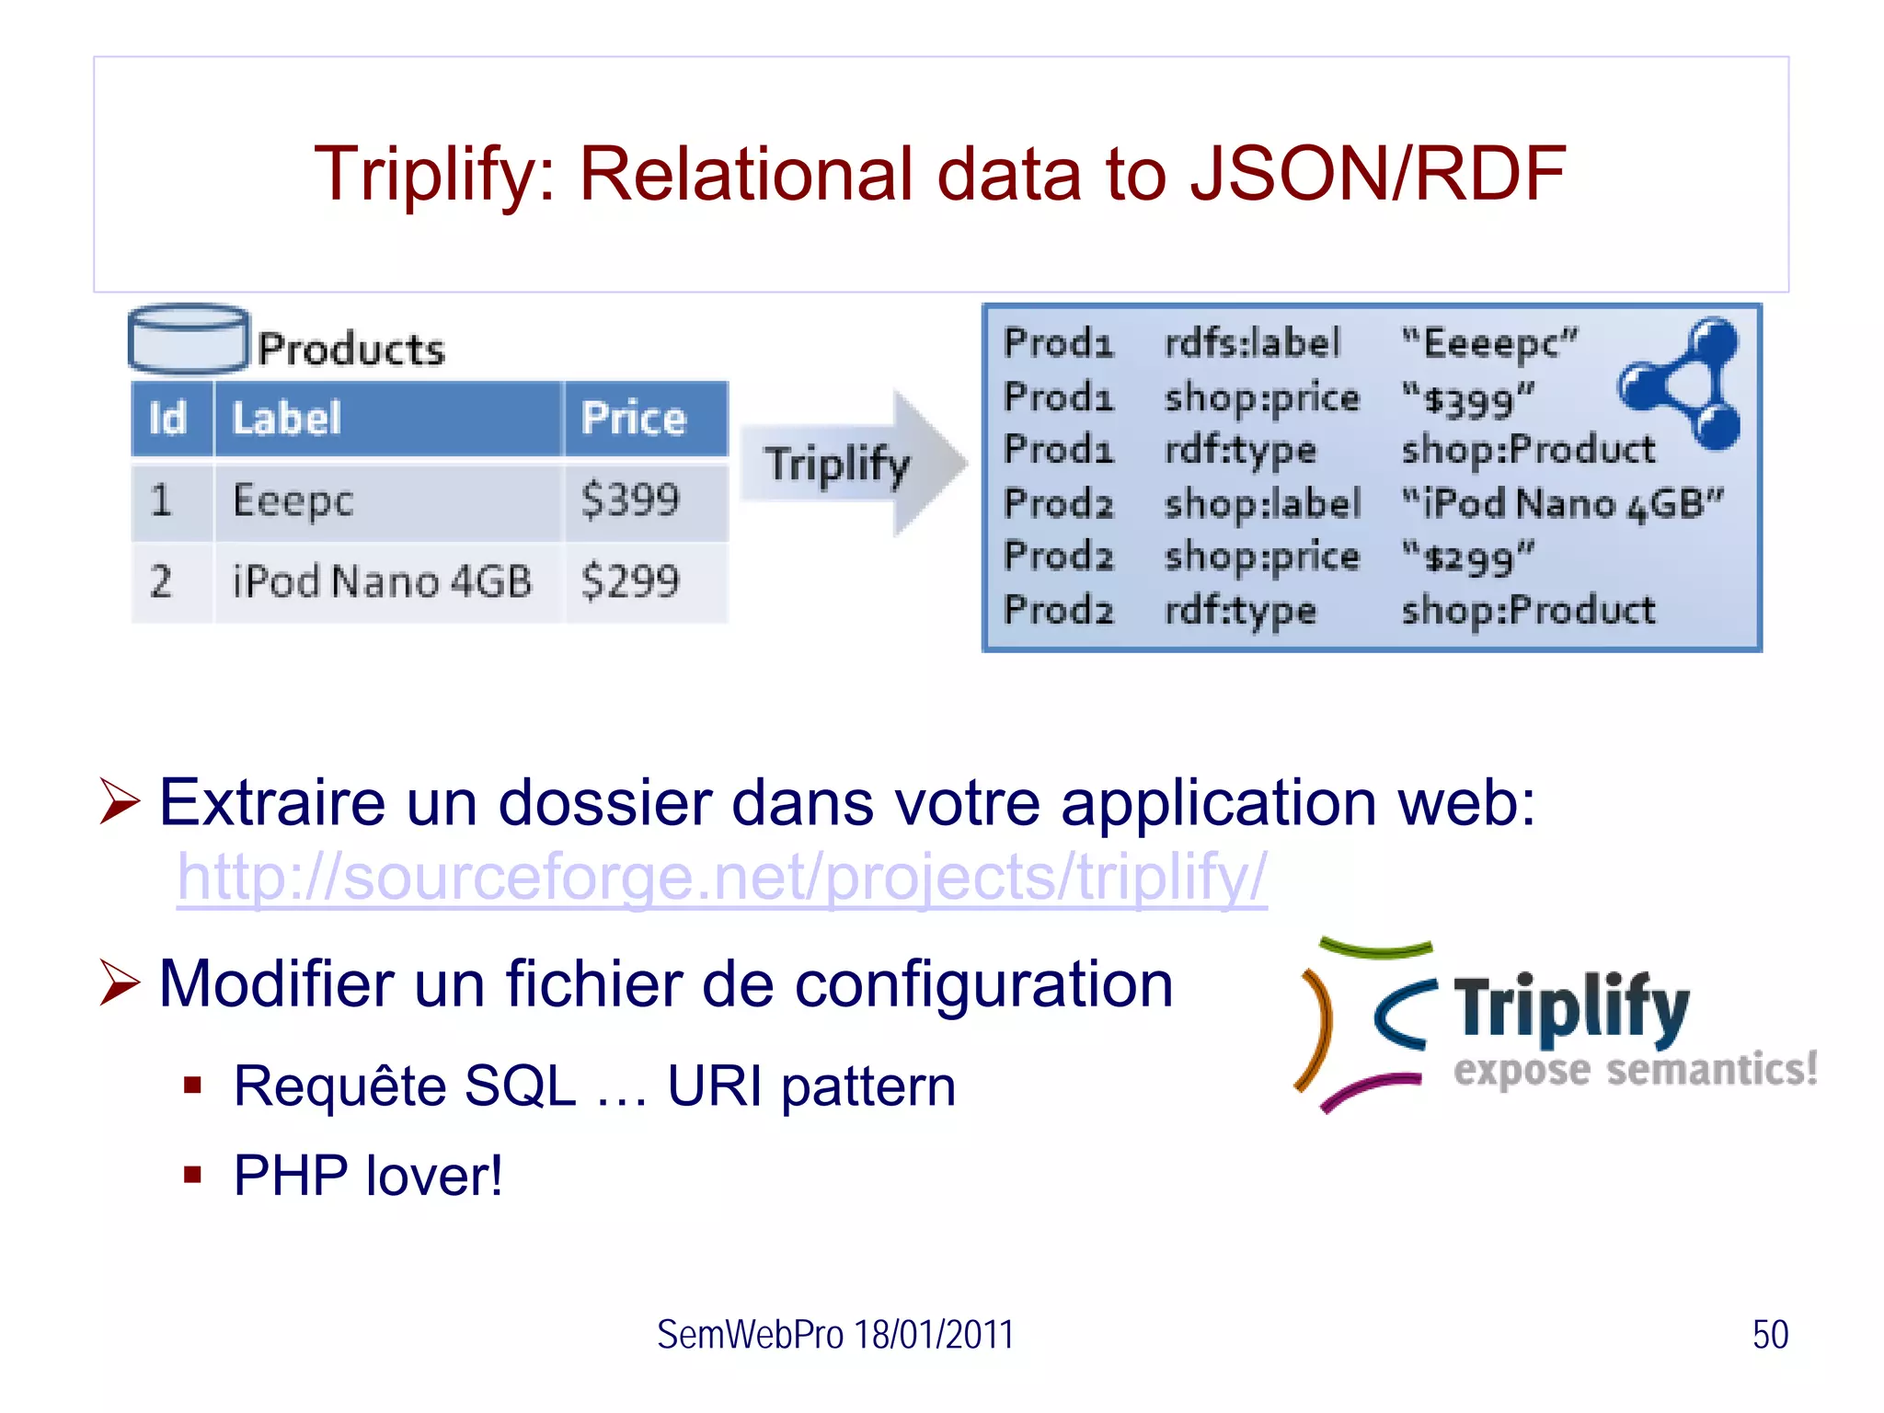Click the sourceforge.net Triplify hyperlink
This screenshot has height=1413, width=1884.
(x=721, y=877)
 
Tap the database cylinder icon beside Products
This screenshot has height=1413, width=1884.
(x=189, y=338)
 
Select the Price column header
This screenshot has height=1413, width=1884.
(x=634, y=419)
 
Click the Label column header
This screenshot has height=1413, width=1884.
(x=287, y=419)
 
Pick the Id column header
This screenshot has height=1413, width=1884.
(x=168, y=419)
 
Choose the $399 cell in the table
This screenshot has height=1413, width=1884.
(x=630, y=500)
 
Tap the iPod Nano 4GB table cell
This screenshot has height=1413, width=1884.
(x=382, y=581)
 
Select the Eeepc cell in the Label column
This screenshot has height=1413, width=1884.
(x=293, y=500)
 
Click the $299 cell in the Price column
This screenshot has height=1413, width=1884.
(x=630, y=581)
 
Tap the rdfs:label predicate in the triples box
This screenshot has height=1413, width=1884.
(x=1252, y=343)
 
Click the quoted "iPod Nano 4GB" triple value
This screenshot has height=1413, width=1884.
(x=1562, y=503)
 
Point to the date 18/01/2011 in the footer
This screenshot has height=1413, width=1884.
(x=933, y=1335)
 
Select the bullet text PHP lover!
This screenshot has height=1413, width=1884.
(x=368, y=1176)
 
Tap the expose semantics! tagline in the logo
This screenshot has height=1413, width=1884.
(x=1635, y=1070)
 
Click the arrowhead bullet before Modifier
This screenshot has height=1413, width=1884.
(x=120, y=982)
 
